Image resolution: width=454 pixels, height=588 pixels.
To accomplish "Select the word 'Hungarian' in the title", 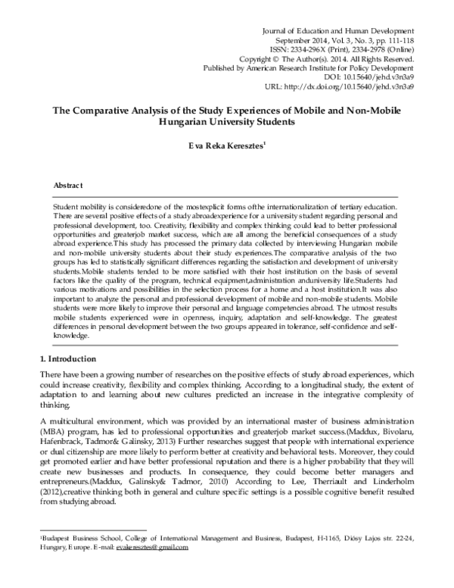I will (x=188, y=121).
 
